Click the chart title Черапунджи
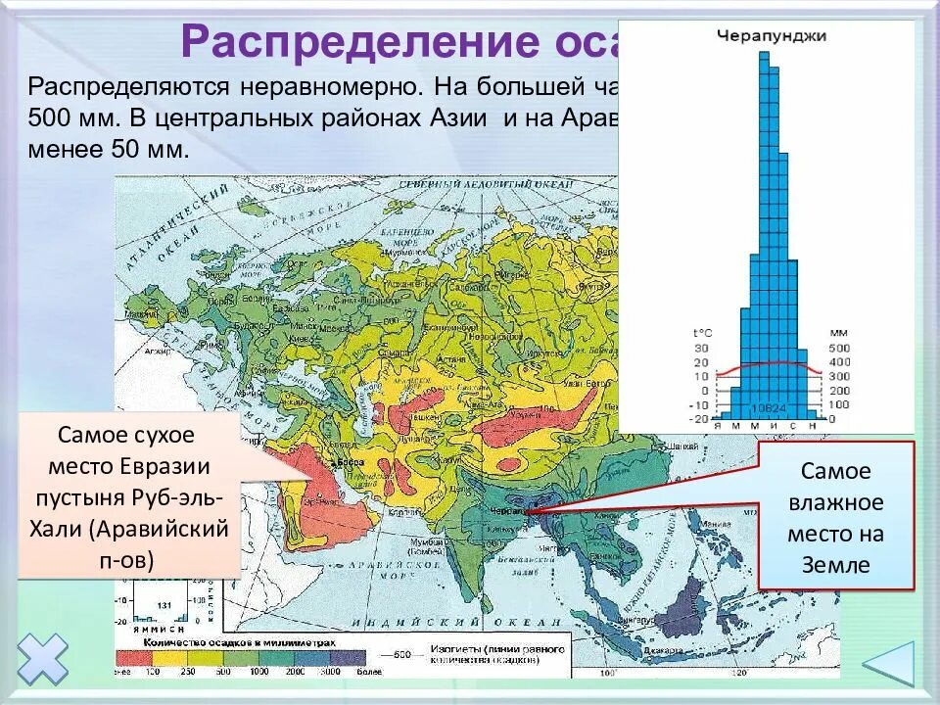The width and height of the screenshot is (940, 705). [x=772, y=36]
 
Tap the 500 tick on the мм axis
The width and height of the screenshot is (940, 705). [x=839, y=349]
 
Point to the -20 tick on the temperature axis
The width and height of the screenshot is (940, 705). [x=699, y=418]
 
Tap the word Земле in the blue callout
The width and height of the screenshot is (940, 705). [x=835, y=565]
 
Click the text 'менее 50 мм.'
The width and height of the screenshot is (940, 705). [x=108, y=152]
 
